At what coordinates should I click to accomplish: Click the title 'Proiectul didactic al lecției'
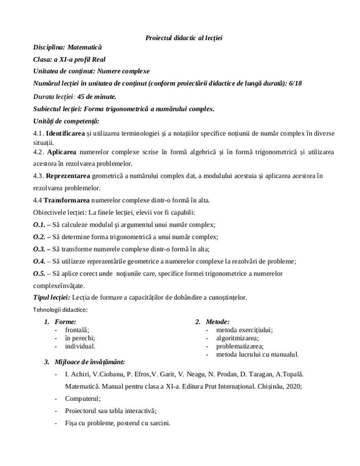(183, 38)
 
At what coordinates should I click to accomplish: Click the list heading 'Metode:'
(217, 322)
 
